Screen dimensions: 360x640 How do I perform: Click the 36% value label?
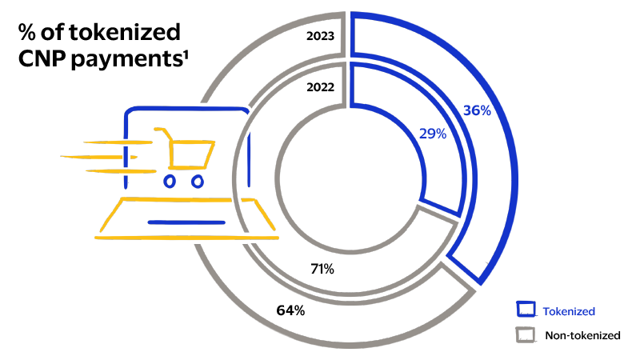pyautogui.click(x=477, y=110)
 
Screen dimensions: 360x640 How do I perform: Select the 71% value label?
pyautogui.click(x=322, y=268)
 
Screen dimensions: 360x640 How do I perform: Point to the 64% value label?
pyautogui.click(x=290, y=310)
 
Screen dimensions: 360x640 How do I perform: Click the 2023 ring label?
pyautogui.click(x=319, y=35)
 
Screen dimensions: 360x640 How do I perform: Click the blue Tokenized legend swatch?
pyautogui.click(x=526, y=310)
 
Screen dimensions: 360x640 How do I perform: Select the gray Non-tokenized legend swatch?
pyautogui.click(x=526, y=335)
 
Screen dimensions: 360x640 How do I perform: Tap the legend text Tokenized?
pyautogui.click(x=569, y=311)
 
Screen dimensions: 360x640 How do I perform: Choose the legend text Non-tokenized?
pyautogui.click(x=582, y=336)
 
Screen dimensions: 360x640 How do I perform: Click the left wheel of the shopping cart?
pyautogui.click(x=170, y=181)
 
